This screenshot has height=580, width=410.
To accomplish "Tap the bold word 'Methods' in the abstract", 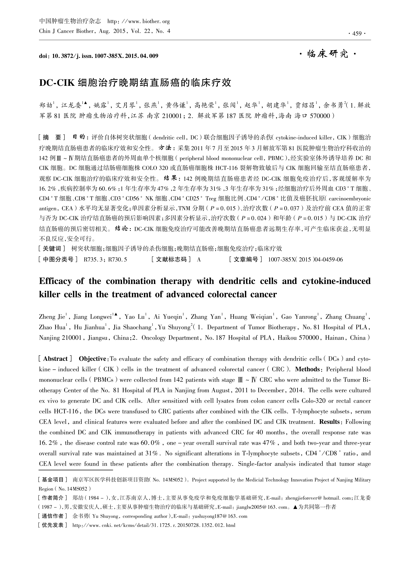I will (307, 369).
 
